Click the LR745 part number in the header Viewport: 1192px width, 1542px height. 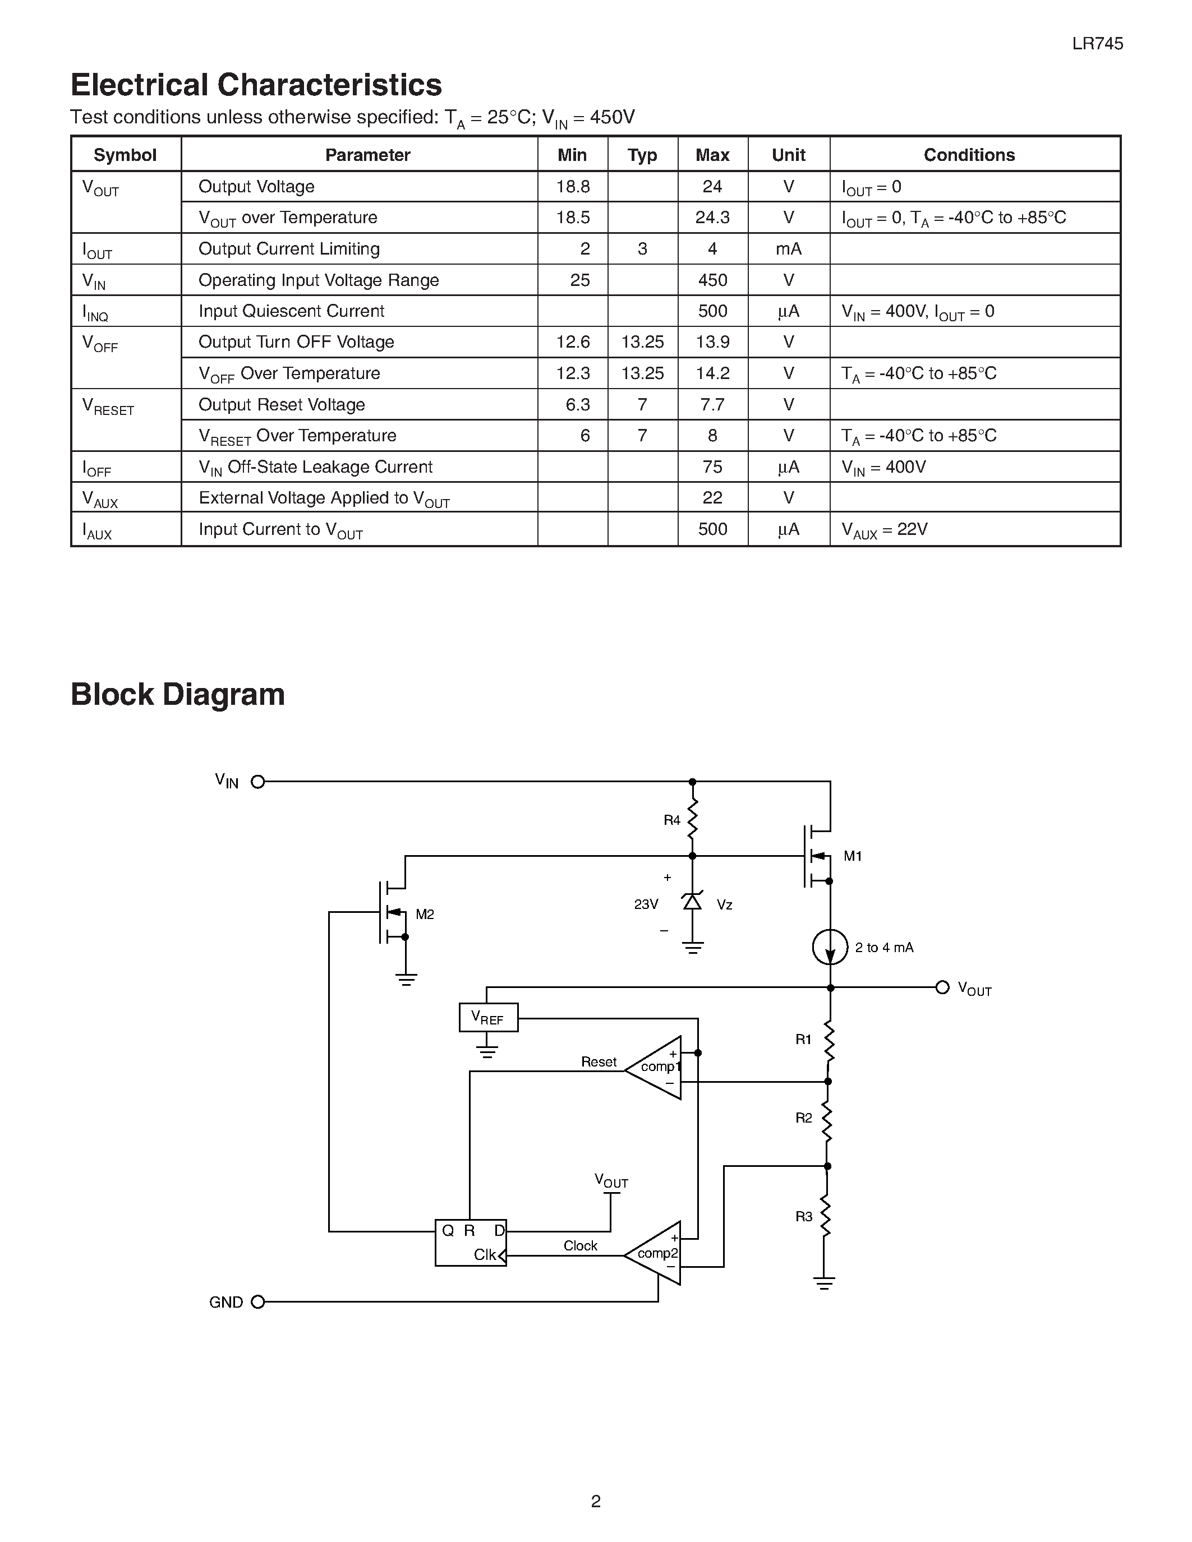coord(1097,44)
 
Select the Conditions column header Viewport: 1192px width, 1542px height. coord(969,155)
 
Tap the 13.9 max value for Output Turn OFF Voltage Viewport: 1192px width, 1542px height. coord(712,343)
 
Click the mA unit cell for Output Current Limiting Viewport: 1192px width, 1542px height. coord(788,249)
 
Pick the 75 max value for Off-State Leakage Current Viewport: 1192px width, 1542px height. coord(712,467)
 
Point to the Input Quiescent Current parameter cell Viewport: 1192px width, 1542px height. coord(291,311)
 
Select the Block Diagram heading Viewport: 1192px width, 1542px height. coord(177,695)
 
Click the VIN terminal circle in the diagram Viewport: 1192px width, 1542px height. coord(257,782)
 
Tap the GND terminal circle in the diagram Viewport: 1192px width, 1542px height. coord(257,1302)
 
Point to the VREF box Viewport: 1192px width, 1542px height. coord(488,1017)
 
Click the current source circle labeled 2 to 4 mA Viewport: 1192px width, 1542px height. coord(830,947)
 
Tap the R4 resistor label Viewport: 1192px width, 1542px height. coord(671,820)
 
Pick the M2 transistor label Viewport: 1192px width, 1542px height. coord(425,915)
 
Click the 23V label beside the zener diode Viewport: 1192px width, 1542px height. coord(646,904)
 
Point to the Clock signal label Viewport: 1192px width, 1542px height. coord(580,1245)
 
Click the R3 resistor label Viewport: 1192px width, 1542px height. coord(804,1217)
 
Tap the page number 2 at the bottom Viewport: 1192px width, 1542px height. coord(596,1501)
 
